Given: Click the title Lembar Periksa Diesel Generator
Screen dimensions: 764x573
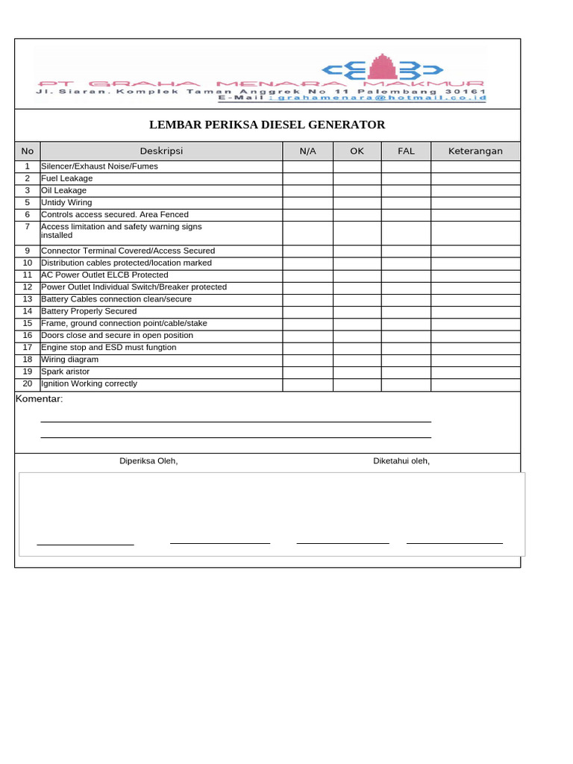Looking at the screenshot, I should [267, 125].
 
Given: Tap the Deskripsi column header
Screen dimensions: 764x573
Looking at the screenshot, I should [160, 151].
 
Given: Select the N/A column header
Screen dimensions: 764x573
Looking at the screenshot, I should [307, 151].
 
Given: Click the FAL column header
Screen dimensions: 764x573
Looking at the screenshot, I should [406, 151].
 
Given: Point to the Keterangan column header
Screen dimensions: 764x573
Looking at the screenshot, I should [475, 151].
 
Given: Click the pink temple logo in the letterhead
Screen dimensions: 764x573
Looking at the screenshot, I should [384, 67].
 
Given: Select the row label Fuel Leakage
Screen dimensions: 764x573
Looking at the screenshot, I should [67, 178].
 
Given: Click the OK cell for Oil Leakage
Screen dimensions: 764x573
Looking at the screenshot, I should [357, 190].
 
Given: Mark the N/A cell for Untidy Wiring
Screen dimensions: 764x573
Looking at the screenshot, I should [307, 202].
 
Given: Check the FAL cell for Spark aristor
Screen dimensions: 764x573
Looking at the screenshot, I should [406, 371].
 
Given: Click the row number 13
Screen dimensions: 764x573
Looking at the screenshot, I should [28, 298].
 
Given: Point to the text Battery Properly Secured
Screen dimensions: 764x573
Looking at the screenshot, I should [89, 311].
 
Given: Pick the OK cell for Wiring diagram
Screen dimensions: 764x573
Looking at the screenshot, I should [357, 359].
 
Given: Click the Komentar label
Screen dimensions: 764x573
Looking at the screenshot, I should [40, 398].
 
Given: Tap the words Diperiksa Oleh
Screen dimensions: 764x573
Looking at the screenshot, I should [148, 461].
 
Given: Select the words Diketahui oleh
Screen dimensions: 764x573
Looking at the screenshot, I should [401, 461].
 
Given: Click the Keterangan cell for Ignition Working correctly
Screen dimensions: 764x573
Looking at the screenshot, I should [475, 383].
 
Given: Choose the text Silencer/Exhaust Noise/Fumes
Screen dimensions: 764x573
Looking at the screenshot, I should [99, 166].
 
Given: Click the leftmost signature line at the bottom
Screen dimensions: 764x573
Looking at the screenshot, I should [85, 545].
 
